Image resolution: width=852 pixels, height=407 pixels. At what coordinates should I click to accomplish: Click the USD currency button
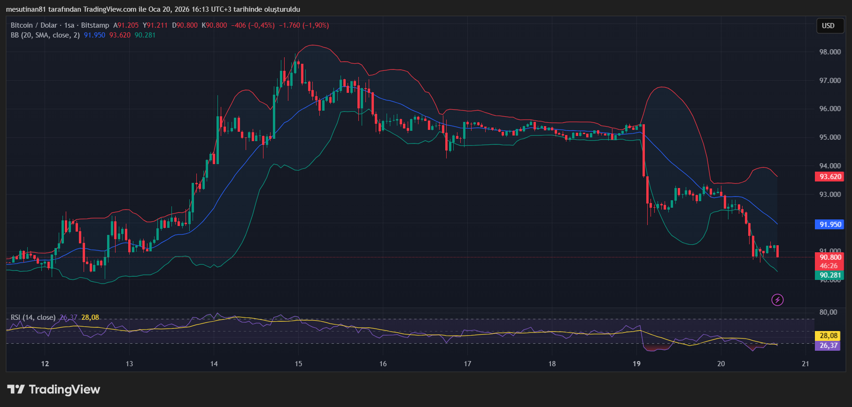828,26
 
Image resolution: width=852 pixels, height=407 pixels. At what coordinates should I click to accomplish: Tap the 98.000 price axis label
830,52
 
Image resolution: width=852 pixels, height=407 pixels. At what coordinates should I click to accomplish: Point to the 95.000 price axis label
830,137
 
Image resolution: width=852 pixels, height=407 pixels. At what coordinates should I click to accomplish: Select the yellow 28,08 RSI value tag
829,336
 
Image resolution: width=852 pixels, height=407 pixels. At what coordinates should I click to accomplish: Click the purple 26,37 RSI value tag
829,346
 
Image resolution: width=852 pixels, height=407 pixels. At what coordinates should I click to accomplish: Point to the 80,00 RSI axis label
829,312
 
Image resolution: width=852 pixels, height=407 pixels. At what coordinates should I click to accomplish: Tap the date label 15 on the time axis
299,364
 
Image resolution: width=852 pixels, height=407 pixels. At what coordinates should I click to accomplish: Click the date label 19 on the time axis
636,364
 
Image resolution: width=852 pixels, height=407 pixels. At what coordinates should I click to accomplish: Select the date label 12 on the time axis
45,364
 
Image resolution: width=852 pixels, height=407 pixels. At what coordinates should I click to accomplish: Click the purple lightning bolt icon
777,300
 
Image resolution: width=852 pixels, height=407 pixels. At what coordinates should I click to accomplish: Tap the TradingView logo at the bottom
54,390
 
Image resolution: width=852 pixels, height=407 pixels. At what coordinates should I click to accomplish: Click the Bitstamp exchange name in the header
95,25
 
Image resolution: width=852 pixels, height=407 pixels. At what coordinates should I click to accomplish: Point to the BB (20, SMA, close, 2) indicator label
45,35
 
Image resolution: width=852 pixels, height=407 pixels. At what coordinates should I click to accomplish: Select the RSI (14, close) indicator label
33,317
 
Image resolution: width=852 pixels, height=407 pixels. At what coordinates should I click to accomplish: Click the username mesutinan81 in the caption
26,9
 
